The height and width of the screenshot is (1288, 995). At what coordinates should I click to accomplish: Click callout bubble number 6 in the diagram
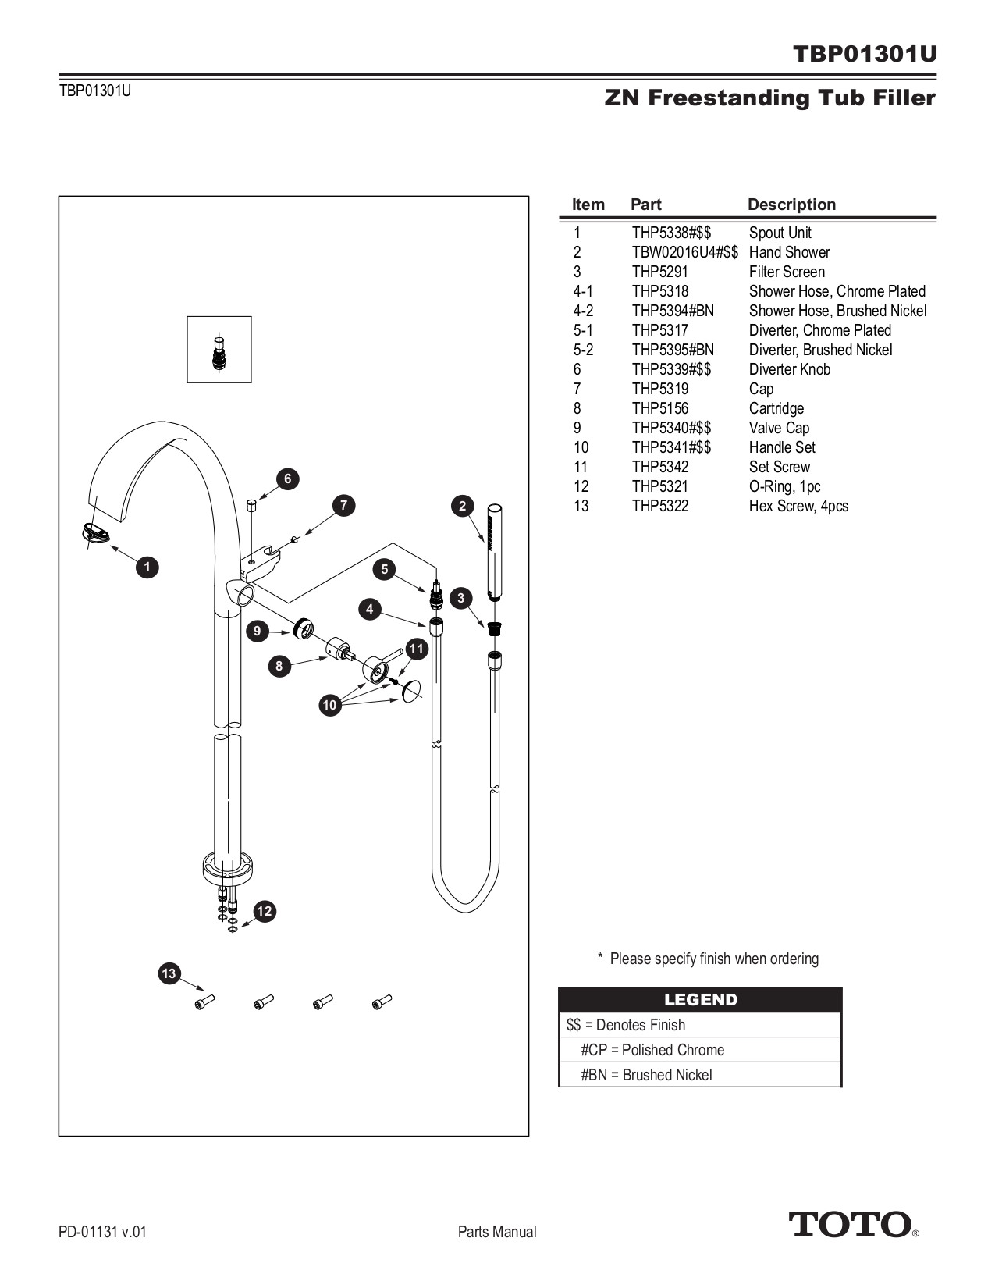click(x=287, y=479)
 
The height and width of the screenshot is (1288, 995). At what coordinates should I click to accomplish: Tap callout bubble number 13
click(x=169, y=973)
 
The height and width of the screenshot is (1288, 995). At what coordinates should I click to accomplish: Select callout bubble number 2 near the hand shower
click(x=462, y=506)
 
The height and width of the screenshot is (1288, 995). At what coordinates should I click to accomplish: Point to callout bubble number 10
click(x=329, y=705)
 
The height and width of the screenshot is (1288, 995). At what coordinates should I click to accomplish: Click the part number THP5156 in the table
click(x=660, y=408)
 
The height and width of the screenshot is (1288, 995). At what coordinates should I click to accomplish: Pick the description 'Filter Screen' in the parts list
click(x=787, y=272)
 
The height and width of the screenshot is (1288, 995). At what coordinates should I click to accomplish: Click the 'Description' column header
click(x=791, y=205)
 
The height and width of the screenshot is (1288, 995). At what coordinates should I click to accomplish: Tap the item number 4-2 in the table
click(x=583, y=311)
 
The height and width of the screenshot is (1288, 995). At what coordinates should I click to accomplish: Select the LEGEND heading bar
click(x=700, y=1000)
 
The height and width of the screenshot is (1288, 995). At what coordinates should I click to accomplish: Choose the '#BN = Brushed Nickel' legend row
click(x=646, y=1075)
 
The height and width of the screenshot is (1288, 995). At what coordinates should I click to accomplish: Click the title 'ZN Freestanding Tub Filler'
click(x=769, y=98)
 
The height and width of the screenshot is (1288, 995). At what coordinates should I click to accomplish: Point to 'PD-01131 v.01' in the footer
click(x=102, y=1232)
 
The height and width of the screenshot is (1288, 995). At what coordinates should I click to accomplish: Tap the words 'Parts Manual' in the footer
click(x=497, y=1232)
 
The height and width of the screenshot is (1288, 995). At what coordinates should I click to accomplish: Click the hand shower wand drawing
click(x=493, y=550)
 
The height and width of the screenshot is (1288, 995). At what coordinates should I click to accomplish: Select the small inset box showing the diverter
click(x=219, y=349)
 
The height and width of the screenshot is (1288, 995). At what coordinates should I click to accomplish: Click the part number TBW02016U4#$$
click(x=684, y=252)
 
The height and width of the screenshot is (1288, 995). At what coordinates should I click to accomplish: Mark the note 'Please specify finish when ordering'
click(x=713, y=959)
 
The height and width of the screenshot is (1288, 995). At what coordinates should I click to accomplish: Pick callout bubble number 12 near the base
click(x=265, y=911)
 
